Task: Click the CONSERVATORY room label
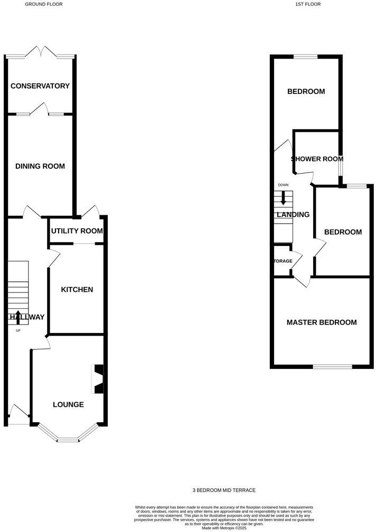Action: coord(40,86)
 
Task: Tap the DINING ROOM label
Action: coord(40,166)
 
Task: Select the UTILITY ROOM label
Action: coord(76,231)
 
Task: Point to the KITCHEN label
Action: coord(77,289)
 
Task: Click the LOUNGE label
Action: coord(68,404)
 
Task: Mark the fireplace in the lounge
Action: coord(99,379)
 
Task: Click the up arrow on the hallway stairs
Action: coord(18,317)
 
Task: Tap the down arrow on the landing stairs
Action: coord(284,198)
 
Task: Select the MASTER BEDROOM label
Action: coord(321,322)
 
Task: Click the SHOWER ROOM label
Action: coord(317,159)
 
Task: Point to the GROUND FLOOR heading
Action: coord(43,4)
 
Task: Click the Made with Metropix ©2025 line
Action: coord(224,527)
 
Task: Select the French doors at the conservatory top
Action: coord(40,53)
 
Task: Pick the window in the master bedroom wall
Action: coord(332,366)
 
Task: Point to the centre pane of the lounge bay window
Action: coord(68,440)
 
